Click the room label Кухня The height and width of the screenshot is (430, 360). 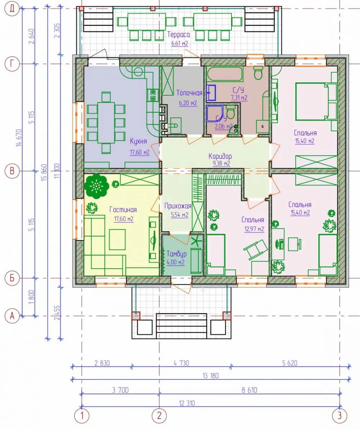click(138, 141)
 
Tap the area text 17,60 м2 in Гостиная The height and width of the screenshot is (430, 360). click(123, 219)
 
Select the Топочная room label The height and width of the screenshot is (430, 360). click(189, 93)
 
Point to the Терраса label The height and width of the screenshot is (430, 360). click(179, 35)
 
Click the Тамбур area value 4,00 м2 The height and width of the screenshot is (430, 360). click(175, 262)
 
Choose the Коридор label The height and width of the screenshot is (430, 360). click(220, 156)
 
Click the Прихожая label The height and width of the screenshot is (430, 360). click(178, 206)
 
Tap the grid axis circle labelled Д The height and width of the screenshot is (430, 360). click(12, 9)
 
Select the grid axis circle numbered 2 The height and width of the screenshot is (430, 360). click(159, 415)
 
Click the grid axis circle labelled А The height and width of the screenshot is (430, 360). click(12, 316)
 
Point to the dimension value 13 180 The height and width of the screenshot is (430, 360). click(211, 375)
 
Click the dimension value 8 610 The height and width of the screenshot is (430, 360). click(249, 390)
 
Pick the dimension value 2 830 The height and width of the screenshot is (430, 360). click(102, 363)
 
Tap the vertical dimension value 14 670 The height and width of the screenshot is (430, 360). click(19, 138)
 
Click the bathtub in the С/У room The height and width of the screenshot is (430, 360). click(225, 75)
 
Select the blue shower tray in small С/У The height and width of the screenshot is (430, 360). click(216, 113)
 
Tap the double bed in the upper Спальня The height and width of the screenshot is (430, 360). click(316, 102)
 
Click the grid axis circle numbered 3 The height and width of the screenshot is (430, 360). click(339, 415)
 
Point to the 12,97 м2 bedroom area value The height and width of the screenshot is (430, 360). click(254, 229)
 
